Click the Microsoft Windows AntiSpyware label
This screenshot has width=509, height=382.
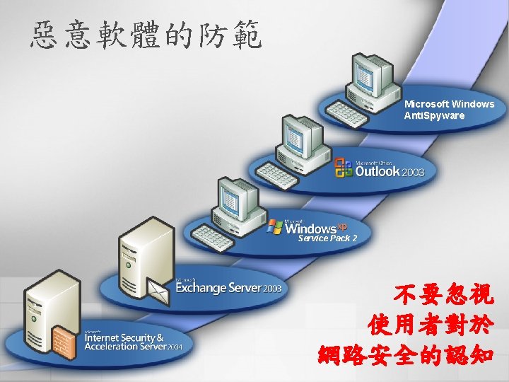[x=449, y=110]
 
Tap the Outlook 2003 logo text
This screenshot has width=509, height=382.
[x=389, y=171]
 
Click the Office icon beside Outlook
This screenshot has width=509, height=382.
[x=344, y=168]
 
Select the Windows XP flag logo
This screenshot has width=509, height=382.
[x=275, y=227]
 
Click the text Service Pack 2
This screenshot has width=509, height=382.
[x=322, y=239]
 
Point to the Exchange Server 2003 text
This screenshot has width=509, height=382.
[x=228, y=288]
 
